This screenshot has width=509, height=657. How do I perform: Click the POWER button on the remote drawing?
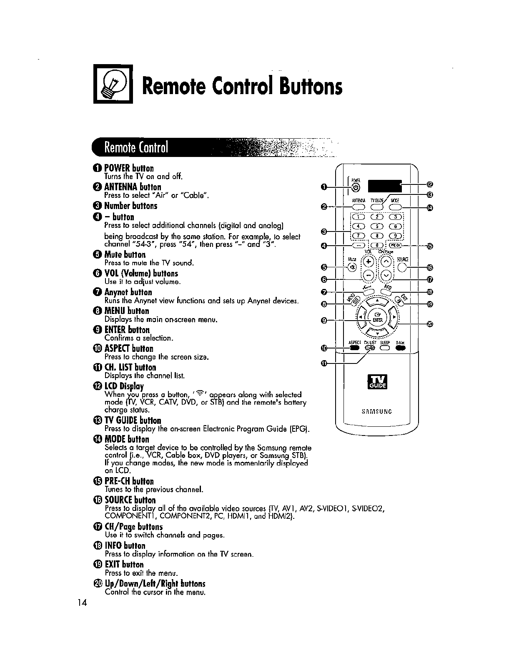(355, 188)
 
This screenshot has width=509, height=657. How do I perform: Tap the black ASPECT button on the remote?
(354, 348)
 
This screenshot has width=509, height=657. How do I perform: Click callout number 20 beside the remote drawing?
(430, 324)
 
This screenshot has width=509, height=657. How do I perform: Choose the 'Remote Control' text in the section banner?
(136, 147)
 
